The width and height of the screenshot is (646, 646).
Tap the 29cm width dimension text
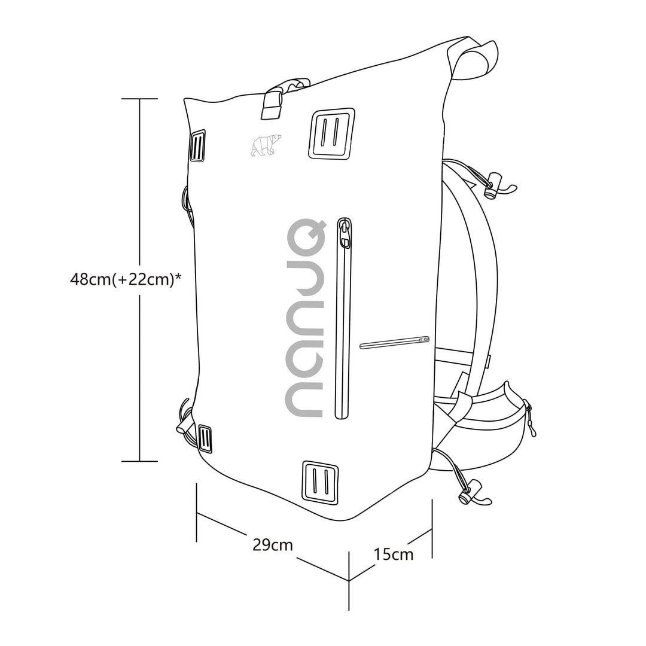point(273,545)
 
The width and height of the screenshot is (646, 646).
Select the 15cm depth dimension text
point(394,554)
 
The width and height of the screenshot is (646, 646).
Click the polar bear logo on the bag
point(266,145)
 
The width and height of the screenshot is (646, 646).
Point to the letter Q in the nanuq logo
point(304,237)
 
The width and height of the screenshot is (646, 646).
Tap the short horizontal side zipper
point(395,342)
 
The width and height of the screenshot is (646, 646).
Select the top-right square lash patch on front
point(331,134)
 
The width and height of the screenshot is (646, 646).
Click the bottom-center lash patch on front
point(320,482)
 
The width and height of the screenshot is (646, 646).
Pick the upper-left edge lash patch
point(198,145)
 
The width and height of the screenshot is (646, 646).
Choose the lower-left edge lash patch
point(205,439)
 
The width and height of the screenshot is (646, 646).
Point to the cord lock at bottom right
point(470,492)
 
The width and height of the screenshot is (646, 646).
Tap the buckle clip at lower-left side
point(184,425)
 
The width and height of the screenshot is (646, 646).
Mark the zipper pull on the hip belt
point(530,422)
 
